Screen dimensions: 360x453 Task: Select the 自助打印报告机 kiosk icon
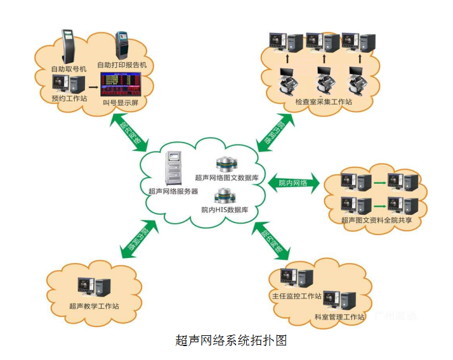122,46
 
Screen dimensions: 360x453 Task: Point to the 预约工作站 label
69,98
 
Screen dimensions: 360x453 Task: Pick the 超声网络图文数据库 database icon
226,165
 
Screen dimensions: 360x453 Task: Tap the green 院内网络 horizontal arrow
292,183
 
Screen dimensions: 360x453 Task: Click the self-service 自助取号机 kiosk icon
69,45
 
